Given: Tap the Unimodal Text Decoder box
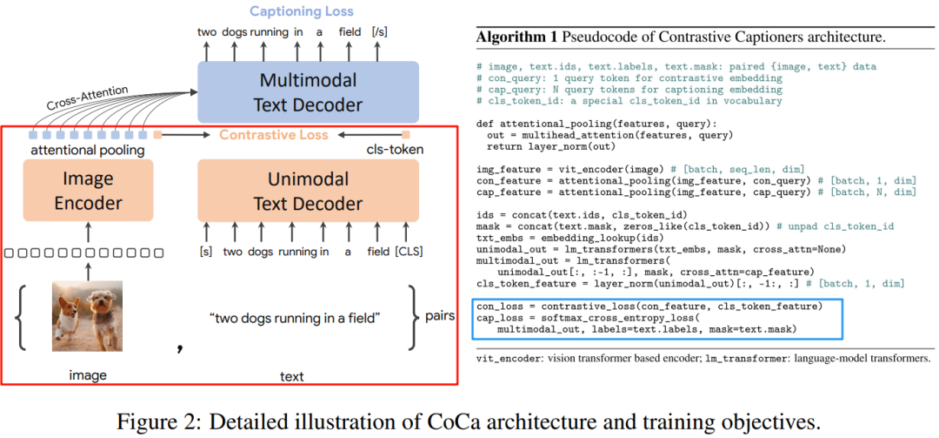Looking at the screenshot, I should tap(307, 192).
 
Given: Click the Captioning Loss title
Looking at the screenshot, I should tap(302, 11).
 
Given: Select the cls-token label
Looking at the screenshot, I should tap(395, 151).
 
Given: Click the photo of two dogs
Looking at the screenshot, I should tap(86, 314).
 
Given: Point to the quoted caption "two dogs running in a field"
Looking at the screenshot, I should tap(295, 318).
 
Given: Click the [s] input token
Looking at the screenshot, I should tap(206, 253).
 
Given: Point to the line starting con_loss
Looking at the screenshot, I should tap(649, 306).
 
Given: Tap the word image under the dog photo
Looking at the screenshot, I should tap(88, 376).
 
